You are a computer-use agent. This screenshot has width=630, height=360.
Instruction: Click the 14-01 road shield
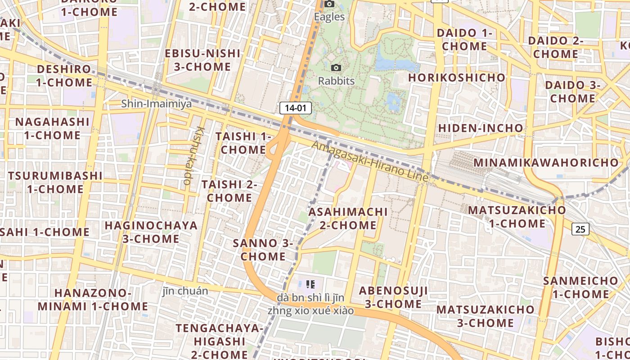[296, 108]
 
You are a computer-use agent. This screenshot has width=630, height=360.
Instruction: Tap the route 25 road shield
[580, 229]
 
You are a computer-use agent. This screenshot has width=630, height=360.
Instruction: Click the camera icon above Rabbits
[336, 68]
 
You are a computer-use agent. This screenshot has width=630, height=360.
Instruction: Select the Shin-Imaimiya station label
[156, 104]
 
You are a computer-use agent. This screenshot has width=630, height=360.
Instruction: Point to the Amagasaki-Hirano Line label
[369, 161]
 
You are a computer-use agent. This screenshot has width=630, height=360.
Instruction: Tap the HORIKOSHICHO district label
[457, 77]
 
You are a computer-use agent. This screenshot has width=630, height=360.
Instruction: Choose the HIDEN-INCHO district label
[481, 128]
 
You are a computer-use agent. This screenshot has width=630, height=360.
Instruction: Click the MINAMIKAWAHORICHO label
[546, 162]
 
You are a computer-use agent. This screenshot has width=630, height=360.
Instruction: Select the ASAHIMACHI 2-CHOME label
[348, 218]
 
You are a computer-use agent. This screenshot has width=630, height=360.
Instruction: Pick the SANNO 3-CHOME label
[263, 250]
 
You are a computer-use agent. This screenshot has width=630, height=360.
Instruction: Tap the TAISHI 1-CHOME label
[243, 143]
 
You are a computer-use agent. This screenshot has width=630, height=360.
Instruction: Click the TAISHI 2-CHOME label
[229, 191]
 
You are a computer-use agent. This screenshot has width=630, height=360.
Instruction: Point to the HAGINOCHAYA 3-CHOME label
[151, 232]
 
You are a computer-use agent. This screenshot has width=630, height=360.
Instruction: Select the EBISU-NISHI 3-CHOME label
[203, 60]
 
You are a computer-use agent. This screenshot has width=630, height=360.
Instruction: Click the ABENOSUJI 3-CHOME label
[393, 297]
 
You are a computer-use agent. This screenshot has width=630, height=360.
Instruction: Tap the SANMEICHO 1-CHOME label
[580, 288]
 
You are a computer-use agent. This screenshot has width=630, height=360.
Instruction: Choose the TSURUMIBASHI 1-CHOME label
[55, 182]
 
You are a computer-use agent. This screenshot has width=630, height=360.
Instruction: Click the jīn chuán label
[185, 291]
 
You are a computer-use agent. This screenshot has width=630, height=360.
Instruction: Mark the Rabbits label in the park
[336, 81]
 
